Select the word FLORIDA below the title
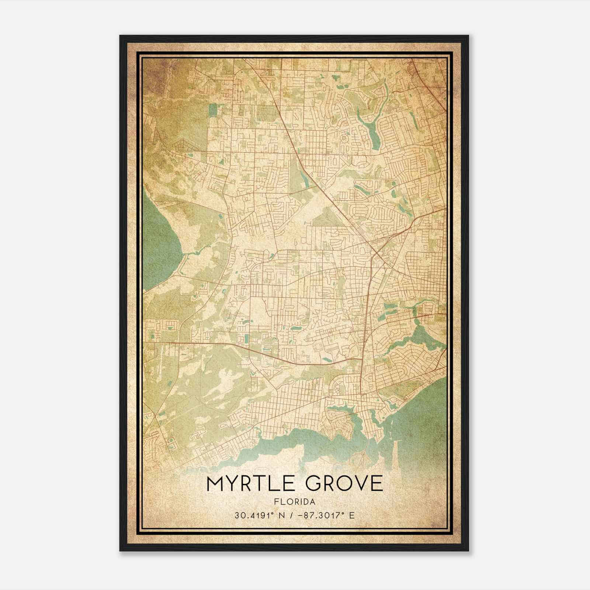click(x=295, y=502)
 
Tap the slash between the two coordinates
click(x=292, y=515)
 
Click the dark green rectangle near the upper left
click(x=213, y=111)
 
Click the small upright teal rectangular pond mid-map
click(x=246, y=338)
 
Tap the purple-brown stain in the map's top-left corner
click(x=157, y=74)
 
